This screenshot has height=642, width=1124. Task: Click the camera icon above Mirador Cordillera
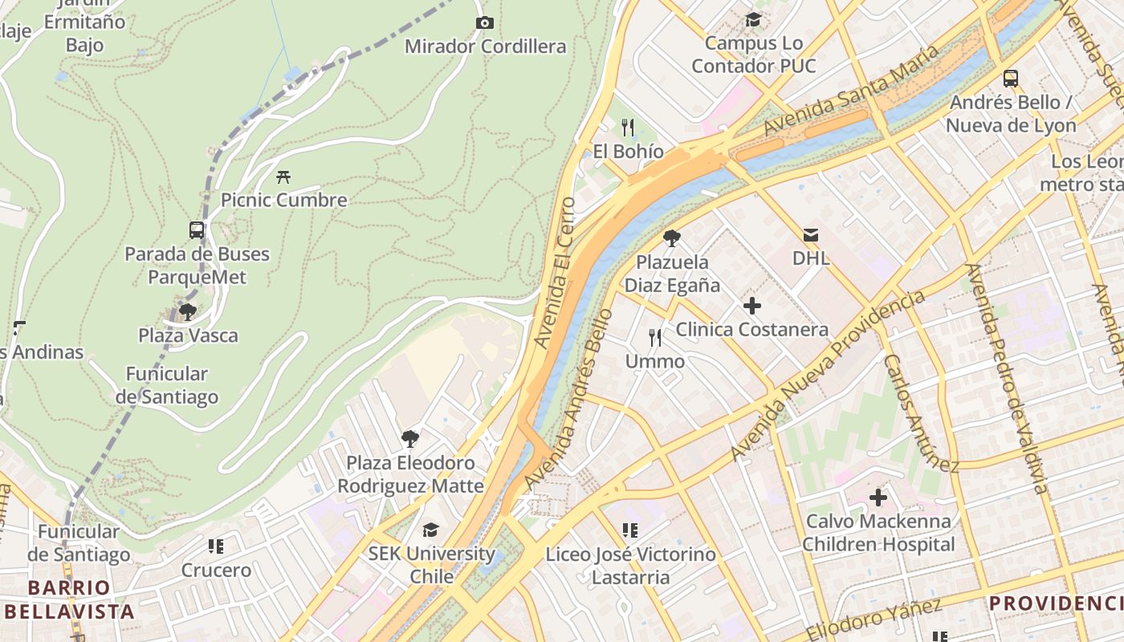tap(484, 22)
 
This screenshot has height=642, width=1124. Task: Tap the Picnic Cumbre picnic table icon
tap(283, 177)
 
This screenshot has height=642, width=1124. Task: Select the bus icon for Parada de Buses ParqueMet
tap(197, 230)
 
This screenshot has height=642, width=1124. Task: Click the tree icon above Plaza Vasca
tap(188, 311)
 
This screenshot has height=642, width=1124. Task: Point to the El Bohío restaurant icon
tap(628, 128)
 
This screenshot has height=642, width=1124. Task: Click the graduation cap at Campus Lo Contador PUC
tap(753, 19)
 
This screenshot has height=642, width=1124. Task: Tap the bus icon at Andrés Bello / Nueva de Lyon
tap(1011, 79)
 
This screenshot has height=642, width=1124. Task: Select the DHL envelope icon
tap(811, 235)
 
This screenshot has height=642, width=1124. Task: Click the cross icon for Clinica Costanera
tap(751, 306)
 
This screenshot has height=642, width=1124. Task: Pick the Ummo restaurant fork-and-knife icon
tap(655, 338)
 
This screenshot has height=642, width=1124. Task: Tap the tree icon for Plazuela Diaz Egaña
tap(672, 238)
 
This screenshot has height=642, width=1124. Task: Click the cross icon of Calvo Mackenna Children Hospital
tap(878, 498)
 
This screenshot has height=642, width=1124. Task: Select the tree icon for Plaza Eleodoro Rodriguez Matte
tap(410, 438)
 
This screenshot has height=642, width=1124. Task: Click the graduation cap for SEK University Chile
tap(431, 530)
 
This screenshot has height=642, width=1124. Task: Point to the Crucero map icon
tap(215, 547)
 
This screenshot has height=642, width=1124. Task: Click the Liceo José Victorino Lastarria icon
tap(630, 530)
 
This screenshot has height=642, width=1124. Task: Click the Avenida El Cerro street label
tap(556, 273)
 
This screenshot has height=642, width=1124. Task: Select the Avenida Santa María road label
tap(850, 90)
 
